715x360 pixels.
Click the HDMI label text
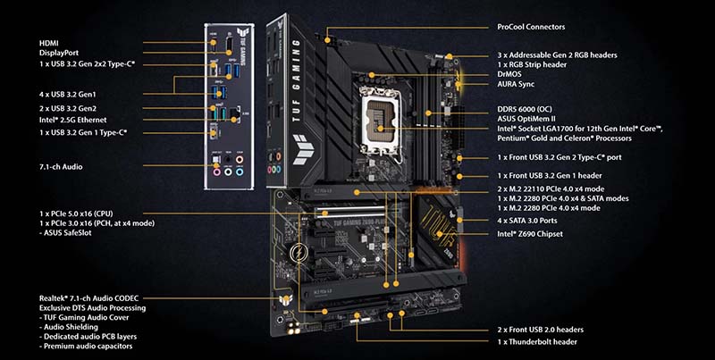[49, 43]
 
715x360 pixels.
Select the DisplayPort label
[59, 53]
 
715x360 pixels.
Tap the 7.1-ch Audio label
[61, 167]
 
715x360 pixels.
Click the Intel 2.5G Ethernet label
[73, 120]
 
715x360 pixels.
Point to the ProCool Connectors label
[531, 27]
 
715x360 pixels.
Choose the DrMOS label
[509, 74]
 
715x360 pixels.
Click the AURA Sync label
[516, 84]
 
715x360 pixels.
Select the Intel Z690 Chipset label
[530, 234]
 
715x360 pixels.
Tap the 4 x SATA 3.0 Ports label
[527, 221]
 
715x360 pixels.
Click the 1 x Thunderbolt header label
[537, 342]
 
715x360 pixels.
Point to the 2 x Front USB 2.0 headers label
[541, 330]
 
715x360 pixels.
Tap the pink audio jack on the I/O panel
[217, 172]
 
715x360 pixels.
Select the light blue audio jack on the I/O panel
[240, 172]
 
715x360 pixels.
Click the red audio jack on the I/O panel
[240, 160]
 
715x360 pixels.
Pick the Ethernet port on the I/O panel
[235, 113]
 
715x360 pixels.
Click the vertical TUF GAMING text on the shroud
[297, 80]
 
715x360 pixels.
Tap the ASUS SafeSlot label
[65, 233]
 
